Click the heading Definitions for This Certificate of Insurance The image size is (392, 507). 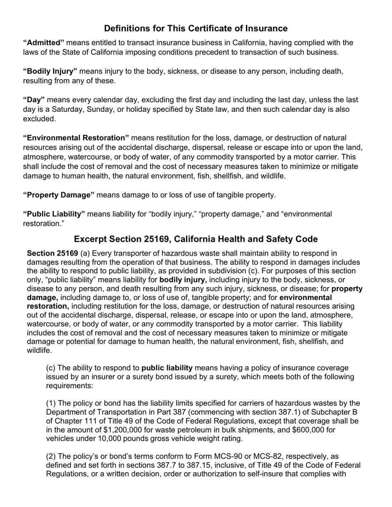(x=196, y=28)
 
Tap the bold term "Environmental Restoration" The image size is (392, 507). (x=76, y=138)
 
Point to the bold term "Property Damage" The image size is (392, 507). (x=59, y=195)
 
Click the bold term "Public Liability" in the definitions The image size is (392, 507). (x=54, y=214)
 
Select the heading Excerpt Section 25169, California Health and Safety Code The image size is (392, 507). (x=196, y=239)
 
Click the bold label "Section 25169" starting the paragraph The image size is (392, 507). (x=52, y=253)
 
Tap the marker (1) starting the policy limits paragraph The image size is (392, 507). (x=51, y=404)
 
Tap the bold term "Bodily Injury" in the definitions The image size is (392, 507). (x=50, y=71)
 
